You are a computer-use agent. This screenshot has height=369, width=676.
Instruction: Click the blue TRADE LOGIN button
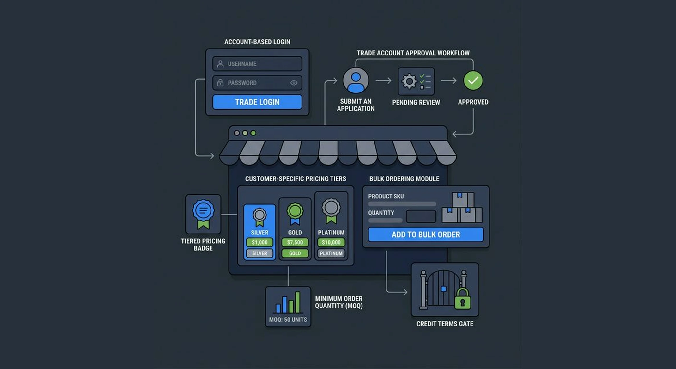click(x=257, y=102)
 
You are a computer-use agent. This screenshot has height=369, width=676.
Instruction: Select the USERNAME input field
click(x=257, y=64)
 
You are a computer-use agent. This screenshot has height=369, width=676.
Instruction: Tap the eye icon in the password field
click(x=294, y=83)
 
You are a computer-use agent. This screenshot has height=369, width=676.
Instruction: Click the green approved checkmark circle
click(x=473, y=81)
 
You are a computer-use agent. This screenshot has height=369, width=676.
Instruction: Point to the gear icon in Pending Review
click(x=409, y=81)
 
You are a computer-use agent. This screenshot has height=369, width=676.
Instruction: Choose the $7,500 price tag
click(x=295, y=242)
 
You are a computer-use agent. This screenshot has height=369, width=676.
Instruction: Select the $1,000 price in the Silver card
click(x=259, y=242)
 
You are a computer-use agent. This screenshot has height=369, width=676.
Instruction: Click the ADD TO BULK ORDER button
click(x=425, y=234)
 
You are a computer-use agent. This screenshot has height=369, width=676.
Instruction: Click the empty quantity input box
click(x=421, y=216)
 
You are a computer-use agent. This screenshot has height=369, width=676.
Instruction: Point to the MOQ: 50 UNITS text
click(x=288, y=320)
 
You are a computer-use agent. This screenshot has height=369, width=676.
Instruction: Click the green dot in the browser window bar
click(x=253, y=133)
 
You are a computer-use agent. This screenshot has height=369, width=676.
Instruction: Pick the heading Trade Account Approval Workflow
click(x=413, y=53)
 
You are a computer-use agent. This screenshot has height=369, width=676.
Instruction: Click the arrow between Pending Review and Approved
click(x=448, y=81)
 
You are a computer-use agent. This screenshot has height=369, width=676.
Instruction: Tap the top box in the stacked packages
click(x=462, y=200)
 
